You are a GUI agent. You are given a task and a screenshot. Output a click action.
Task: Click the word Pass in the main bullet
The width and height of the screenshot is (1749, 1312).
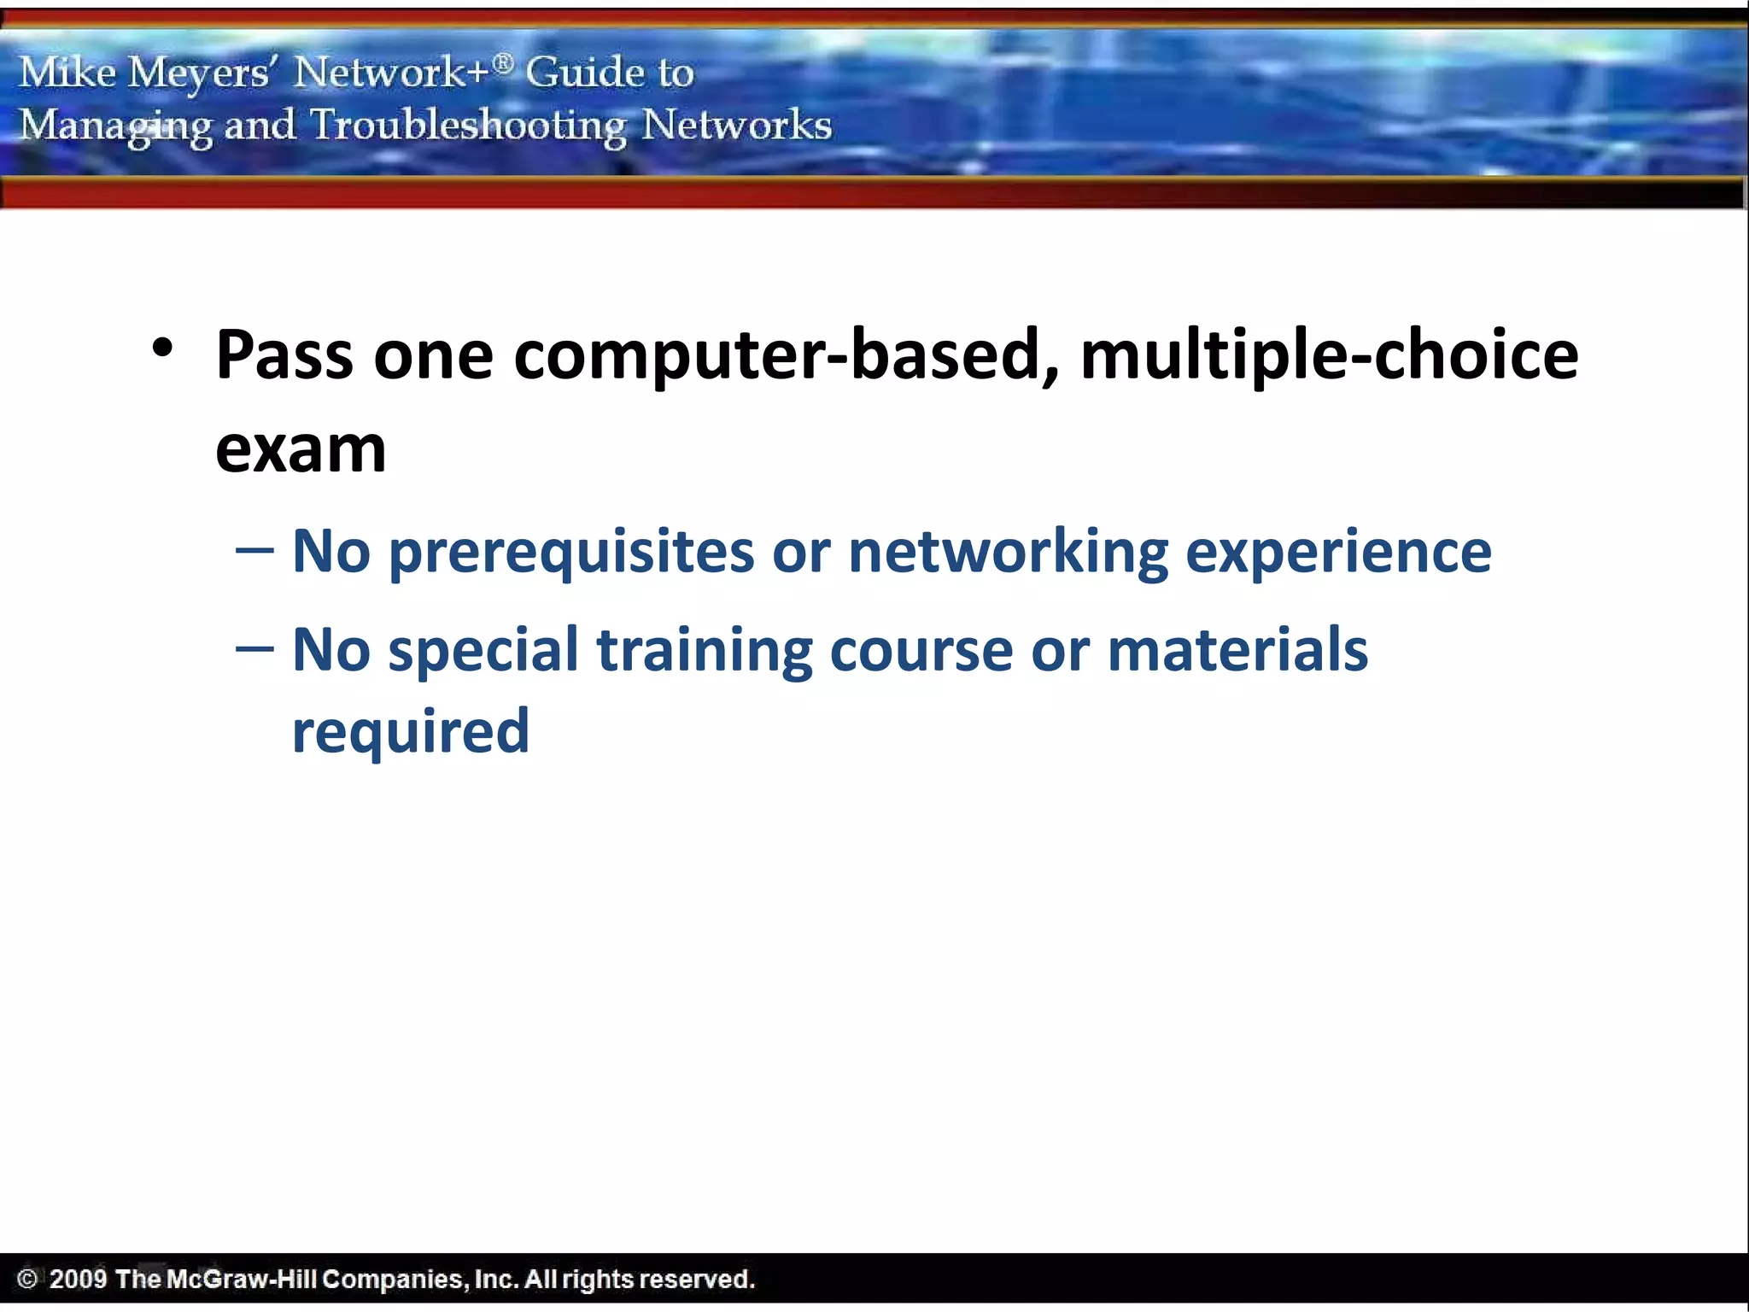pos(284,354)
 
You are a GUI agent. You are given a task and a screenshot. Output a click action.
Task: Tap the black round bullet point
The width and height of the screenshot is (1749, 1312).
pos(162,348)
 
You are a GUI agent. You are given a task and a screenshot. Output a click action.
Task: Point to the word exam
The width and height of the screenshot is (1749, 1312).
pos(301,450)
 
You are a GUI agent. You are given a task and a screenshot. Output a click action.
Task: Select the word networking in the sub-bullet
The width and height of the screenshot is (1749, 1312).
pos(1008,553)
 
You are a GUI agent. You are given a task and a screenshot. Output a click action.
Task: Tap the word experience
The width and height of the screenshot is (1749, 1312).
pos(1338,553)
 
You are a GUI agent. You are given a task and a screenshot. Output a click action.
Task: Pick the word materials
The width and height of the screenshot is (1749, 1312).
pos(1237,649)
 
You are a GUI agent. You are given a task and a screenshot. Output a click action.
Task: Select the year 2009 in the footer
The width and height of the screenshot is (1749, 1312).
pos(78,1279)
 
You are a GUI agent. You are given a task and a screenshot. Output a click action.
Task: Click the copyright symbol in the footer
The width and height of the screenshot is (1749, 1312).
pos(27,1279)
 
